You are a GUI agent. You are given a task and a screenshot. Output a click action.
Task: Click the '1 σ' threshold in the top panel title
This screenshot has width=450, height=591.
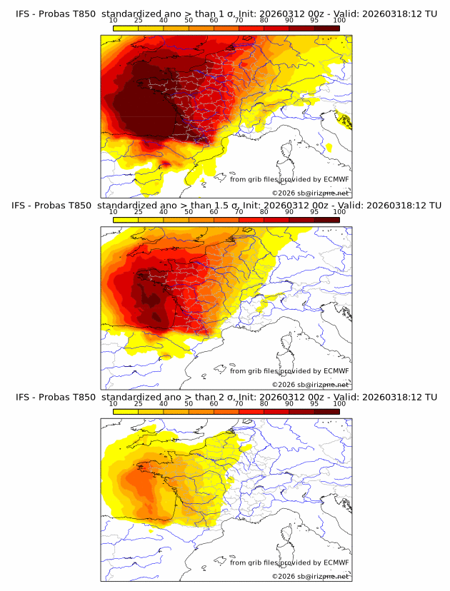pos(214,14)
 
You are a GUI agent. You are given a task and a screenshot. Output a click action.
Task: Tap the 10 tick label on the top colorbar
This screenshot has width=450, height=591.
pos(113,21)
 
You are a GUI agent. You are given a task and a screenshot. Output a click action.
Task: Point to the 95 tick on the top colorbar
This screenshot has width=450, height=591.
pos(314,21)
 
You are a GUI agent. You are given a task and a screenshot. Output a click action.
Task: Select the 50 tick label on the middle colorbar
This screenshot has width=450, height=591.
pos(189,212)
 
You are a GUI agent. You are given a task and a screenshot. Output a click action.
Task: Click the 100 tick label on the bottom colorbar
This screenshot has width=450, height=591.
pos(339,403)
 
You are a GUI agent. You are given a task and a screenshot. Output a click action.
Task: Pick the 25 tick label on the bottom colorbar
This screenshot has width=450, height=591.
pos(138,403)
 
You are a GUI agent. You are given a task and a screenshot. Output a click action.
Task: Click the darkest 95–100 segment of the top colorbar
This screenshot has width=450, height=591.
pos(326,28)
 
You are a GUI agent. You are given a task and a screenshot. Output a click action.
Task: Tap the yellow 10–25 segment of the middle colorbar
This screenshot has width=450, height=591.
pos(126,219)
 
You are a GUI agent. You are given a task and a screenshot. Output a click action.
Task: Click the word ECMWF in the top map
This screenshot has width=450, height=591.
pos(336,179)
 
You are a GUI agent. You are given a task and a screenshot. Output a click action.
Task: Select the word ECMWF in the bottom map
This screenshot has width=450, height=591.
pos(336,562)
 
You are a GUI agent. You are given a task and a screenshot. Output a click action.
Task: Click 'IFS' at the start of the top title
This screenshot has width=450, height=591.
pos(24,14)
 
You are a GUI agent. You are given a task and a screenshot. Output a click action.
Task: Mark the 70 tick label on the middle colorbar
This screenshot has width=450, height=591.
pos(239,212)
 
